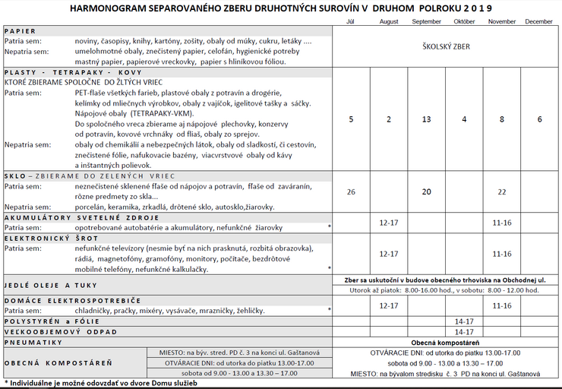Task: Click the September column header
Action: click(426, 21)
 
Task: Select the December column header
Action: click(539, 21)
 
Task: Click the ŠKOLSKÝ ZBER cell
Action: click(446, 46)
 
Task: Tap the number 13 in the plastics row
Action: click(426, 119)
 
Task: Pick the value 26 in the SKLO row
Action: click(351, 191)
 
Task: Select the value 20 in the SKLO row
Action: click(426, 191)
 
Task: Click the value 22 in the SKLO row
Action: click(501, 191)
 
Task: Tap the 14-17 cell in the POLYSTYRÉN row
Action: click(464, 321)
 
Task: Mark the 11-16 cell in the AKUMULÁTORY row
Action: click(501, 223)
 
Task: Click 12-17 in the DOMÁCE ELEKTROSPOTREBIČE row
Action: click(388, 305)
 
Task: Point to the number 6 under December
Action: click(539, 119)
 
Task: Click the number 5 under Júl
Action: click(351, 119)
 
